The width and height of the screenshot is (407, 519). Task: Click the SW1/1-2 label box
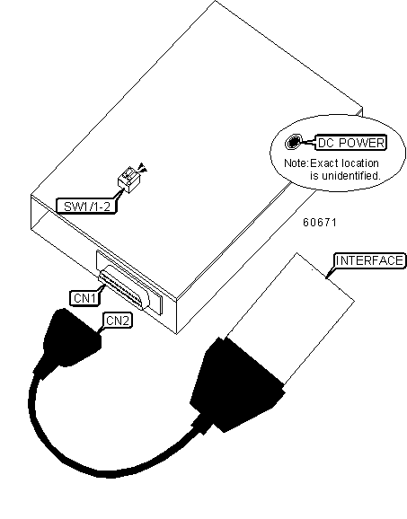point(86,206)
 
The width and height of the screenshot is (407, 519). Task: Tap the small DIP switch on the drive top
point(129,180)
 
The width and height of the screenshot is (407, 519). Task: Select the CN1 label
point(84,298)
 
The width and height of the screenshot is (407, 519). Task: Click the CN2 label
point(118,321)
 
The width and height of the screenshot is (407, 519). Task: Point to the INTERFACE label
point(369,260)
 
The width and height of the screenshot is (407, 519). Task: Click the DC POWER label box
point(351,143)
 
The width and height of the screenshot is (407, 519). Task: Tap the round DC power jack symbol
point(293,143)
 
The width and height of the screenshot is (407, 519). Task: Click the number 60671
point(320,223)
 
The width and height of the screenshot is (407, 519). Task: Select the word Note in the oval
point(296,163)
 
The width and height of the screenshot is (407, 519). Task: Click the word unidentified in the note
point(351,175)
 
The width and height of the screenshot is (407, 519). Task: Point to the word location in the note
point(360,163)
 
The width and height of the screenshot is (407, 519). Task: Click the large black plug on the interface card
point(237,385)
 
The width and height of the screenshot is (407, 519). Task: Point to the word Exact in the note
point(324,163)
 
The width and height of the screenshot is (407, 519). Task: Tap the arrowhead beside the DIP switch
point(143,167)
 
